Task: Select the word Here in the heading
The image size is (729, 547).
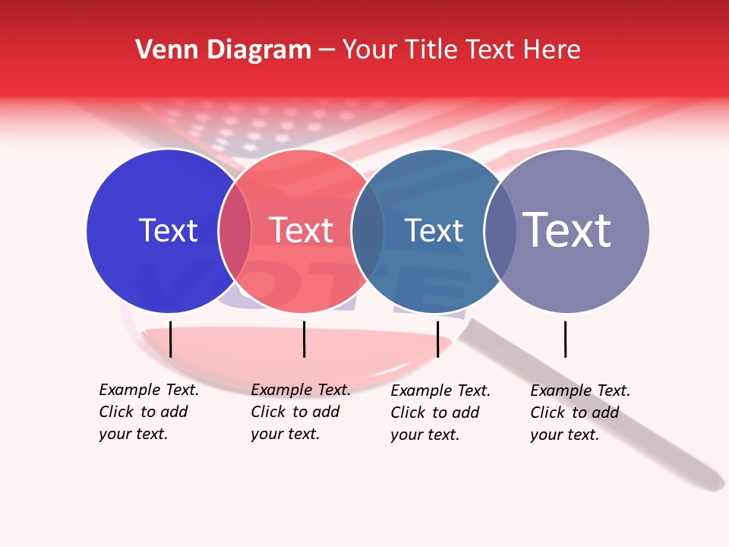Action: (x=552, y=50)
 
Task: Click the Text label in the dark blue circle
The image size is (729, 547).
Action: (x=168, y=230)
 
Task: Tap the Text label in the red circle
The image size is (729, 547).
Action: (x=301, y=230)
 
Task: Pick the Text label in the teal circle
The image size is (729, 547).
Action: (x=434, y=230)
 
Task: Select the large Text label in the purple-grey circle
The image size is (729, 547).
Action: (x=567, y=230)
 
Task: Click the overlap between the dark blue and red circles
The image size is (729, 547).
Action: (x=235, y=231)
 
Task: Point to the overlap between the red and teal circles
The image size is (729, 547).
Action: (x=368, y=231)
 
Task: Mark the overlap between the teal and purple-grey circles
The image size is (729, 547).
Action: (x=500, y=231)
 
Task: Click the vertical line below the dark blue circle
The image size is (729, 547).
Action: (x=171, y=339)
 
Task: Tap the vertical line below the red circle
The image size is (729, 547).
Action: (x=304, y=339)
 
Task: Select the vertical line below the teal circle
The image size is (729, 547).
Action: (x=437, y=339)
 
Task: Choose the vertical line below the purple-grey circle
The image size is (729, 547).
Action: (x=565, y=339)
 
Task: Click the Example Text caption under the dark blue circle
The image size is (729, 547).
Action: (x=148, y=412)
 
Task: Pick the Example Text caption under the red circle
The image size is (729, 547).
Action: (x=300, y=412)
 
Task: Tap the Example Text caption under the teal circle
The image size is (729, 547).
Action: (x=440, y=413)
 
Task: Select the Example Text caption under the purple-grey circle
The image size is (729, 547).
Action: (x=579, y=413)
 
